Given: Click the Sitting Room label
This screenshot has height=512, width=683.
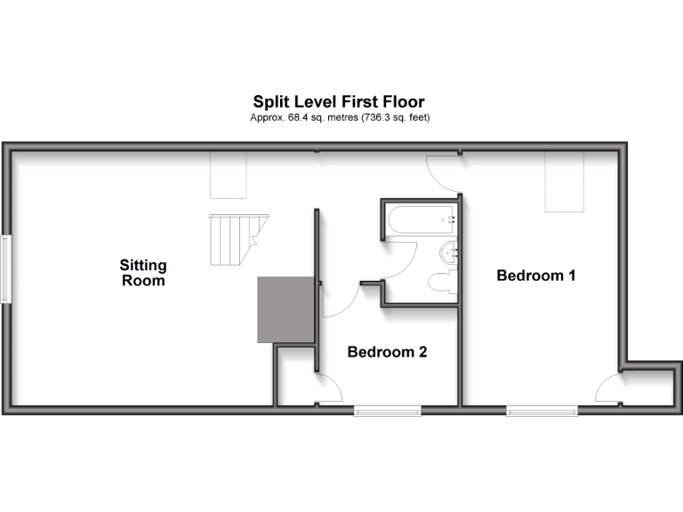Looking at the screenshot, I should tap(144, 273).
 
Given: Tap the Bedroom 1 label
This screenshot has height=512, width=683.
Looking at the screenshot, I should tap(536, 276).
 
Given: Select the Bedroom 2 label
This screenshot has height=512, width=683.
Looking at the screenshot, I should tap(387, 352).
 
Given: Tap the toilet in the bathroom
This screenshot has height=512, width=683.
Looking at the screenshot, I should tap(442, 283).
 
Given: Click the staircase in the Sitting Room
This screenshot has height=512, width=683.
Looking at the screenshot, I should tap(232, 240).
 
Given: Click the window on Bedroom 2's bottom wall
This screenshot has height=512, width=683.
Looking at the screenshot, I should tap(387, 410).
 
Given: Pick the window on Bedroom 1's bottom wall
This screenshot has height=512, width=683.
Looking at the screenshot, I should tap(542, 410).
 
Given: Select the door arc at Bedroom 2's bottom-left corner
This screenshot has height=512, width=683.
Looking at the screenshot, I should tap(329, 388).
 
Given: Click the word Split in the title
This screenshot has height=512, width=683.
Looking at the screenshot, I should tap(270, 102).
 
